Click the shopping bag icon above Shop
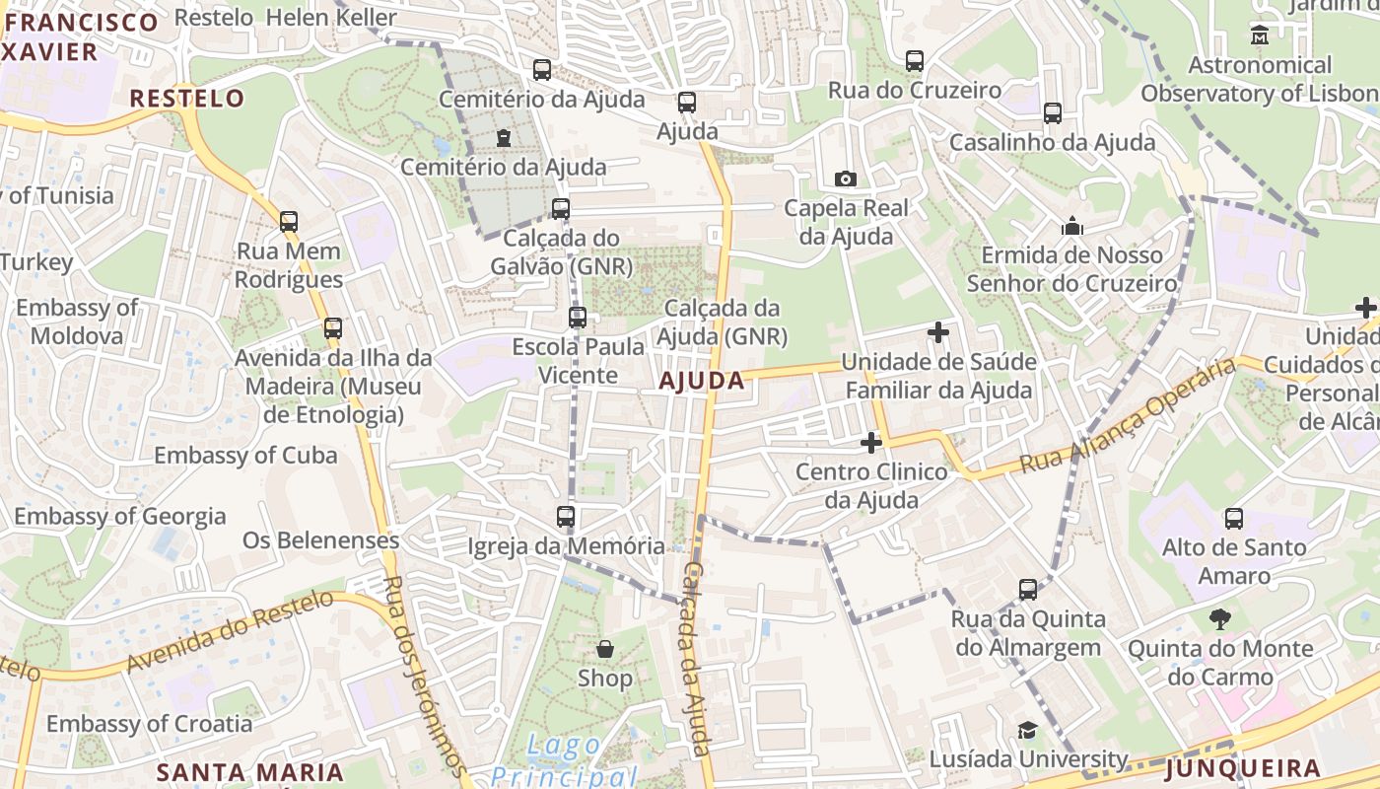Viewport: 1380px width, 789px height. tap(604, 649)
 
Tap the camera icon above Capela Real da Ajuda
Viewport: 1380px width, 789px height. tap(845, 179)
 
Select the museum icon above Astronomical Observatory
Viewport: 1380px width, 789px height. tap(1259, 36)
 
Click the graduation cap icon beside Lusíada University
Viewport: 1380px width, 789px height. tap(1027, 730)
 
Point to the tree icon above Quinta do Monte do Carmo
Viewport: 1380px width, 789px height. tap(1220, 619)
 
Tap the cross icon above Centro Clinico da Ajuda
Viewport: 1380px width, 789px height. tap(870, 443)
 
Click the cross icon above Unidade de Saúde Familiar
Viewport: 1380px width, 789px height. tap(938, 332)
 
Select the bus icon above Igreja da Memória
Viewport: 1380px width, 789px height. tap(566, 516)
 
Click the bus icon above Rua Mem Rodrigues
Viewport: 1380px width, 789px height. tap(288, 221)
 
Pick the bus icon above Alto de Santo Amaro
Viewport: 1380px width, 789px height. tap(1233, 518)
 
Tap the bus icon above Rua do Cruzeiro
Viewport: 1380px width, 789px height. tap(915, 61)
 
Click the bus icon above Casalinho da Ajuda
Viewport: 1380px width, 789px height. tap(1053, 113)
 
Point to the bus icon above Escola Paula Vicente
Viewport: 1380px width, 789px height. tap(578, 318)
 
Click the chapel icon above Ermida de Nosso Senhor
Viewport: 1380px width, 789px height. tap(1072, 227)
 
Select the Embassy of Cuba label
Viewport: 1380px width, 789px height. tap(245, 456)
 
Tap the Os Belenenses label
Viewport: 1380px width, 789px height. tap(320, 540)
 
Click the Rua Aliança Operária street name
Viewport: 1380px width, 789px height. tap(1127, 415)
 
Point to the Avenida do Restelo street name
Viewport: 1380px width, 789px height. tap(230, 632)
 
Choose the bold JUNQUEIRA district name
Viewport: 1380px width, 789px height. tap(1242, 768)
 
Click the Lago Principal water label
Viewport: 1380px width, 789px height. tap(565, 760)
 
